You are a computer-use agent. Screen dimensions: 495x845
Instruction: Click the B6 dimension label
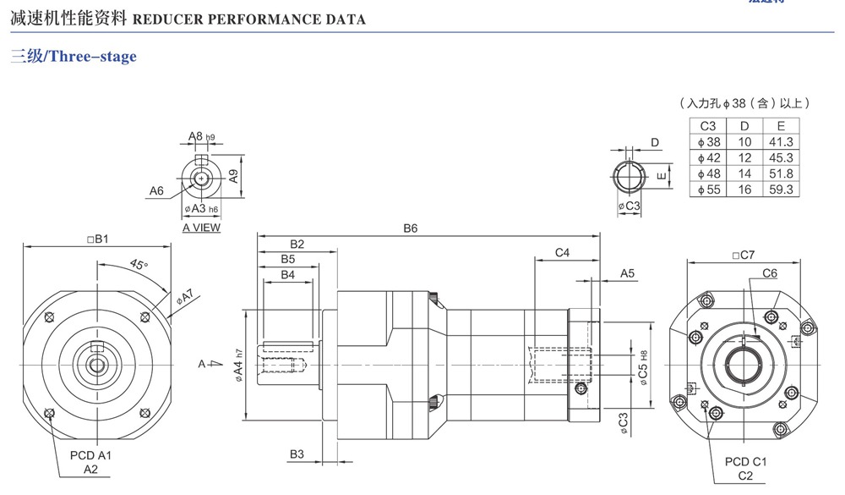411,228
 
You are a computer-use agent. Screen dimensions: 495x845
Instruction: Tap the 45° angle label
139,264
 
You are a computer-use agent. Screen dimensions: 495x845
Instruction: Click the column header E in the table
781,126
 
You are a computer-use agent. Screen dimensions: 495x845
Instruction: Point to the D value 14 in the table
744,173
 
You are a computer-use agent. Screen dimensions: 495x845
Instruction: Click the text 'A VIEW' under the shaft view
201,228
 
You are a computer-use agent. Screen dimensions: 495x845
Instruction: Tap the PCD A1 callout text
90,455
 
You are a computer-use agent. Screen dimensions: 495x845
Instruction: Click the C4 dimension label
562,253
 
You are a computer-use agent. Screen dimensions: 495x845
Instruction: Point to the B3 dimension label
297,454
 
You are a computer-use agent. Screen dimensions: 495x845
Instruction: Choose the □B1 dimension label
98,239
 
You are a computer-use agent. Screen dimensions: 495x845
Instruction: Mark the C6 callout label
769,273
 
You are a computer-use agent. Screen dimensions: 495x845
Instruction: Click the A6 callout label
156,191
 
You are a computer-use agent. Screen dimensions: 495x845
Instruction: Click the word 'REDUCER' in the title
171,19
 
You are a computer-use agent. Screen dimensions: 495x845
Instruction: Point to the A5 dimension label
627,273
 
